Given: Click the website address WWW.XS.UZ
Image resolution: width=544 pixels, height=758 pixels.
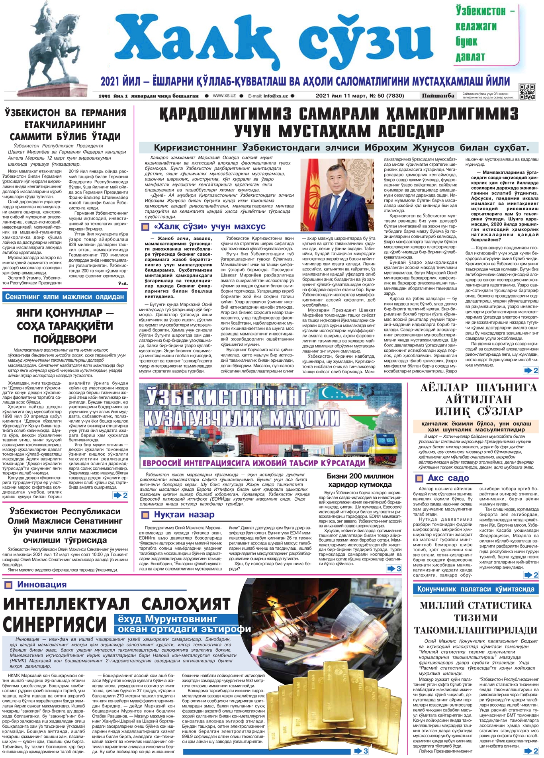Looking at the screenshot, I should coord(224,96).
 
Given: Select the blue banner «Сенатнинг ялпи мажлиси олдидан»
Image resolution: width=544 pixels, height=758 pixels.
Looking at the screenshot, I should coord(65,297).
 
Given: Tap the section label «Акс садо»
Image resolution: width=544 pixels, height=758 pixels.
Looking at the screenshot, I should coord(448,478).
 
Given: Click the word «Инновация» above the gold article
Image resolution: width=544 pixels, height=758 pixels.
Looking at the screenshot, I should coord(42,584).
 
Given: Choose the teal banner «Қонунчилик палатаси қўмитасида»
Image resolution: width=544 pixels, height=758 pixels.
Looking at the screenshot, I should coord(476,589).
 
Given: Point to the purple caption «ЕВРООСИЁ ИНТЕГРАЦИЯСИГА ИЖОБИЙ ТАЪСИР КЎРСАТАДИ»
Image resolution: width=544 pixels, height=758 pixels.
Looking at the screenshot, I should coord(254,463).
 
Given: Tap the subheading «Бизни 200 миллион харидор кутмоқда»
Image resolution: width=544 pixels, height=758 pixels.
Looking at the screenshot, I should coord(360,480).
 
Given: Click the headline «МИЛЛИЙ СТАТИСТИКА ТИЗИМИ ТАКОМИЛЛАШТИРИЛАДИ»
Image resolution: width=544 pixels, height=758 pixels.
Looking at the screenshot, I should coord(476,617).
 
